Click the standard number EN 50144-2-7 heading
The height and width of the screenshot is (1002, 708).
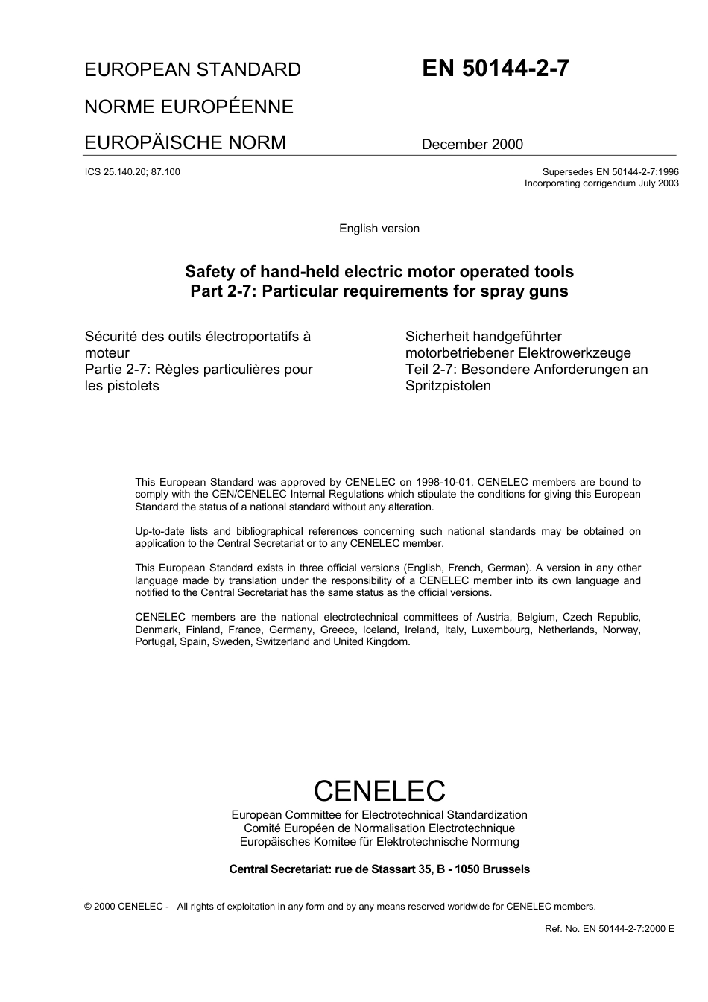(x=496, y=69)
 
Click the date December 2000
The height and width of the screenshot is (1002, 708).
(x=472, y=145)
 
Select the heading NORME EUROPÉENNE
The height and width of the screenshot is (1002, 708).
(x=189, y=107)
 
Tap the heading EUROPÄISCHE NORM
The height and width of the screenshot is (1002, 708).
(x=185, y=142)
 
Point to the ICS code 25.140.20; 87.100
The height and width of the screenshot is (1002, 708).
(x=133, y=172)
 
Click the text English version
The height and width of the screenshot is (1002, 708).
(x=379, y=229)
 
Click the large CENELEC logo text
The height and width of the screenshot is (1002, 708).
(x=379, y=790)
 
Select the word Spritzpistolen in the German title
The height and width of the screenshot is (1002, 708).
(x=448, y=386)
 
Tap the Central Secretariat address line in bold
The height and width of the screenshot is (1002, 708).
(x=379, y=869)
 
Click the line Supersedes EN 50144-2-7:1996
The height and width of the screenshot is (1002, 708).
(x=610, y=171)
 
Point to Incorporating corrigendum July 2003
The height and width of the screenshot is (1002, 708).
(x=601, y=183)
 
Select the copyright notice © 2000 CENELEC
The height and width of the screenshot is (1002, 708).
(x=127, y=907)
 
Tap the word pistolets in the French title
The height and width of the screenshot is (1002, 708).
(x=133, y=386)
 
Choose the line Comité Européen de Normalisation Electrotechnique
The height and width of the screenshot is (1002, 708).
(x=379, y=828)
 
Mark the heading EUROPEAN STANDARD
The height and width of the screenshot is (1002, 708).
(x=192, y=70)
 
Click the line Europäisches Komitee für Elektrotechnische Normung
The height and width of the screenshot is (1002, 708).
(x=379, y=842)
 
